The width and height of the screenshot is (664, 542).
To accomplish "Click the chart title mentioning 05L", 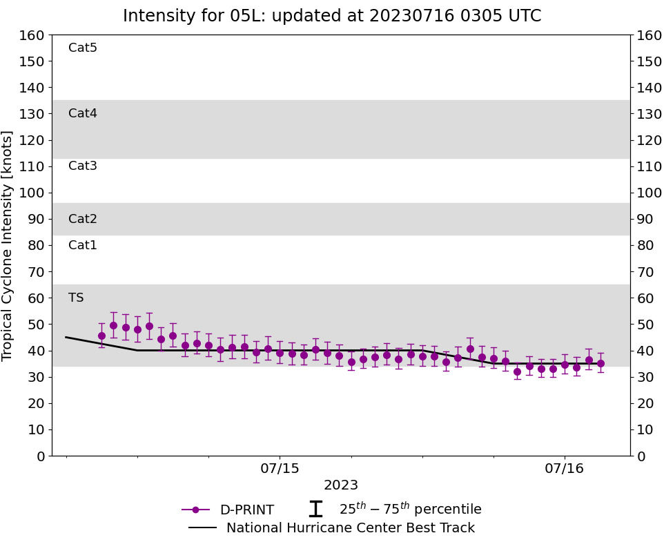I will [332, 16].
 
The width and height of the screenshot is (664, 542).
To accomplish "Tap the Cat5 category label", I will [83, 48].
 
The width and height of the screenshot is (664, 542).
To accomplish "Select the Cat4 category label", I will [83, 113].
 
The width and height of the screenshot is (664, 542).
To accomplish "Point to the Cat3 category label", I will [83, 166].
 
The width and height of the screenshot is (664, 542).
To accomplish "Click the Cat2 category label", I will [83, 219].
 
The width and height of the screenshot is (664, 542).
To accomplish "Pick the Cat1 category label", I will [83, 245].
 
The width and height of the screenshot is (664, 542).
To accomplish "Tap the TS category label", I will [76, 298].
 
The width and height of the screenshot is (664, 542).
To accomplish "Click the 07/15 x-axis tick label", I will [280, 470].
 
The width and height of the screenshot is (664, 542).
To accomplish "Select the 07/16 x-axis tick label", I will [565, 470].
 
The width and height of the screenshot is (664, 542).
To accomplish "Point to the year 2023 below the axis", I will [341, 485].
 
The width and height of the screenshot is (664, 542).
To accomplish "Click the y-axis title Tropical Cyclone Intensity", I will [8, 245].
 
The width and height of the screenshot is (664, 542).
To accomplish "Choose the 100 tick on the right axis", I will [650, 193].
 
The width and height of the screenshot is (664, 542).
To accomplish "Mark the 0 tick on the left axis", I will [40, 456].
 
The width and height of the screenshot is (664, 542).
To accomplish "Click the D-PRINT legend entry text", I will [246, 510].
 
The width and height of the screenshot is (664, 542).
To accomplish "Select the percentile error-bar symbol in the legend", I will [315, 510].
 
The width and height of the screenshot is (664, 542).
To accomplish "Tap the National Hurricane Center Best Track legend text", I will [351, 528].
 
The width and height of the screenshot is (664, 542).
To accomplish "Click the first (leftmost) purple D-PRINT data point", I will [101, 336].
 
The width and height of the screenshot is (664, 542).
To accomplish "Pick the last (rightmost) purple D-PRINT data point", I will [600, 363].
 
